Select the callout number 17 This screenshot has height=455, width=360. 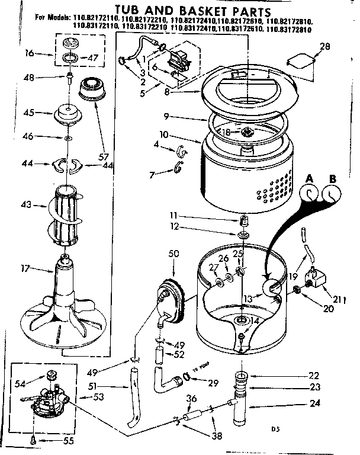coord(25,268)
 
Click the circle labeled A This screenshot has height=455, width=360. coord(308,194)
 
